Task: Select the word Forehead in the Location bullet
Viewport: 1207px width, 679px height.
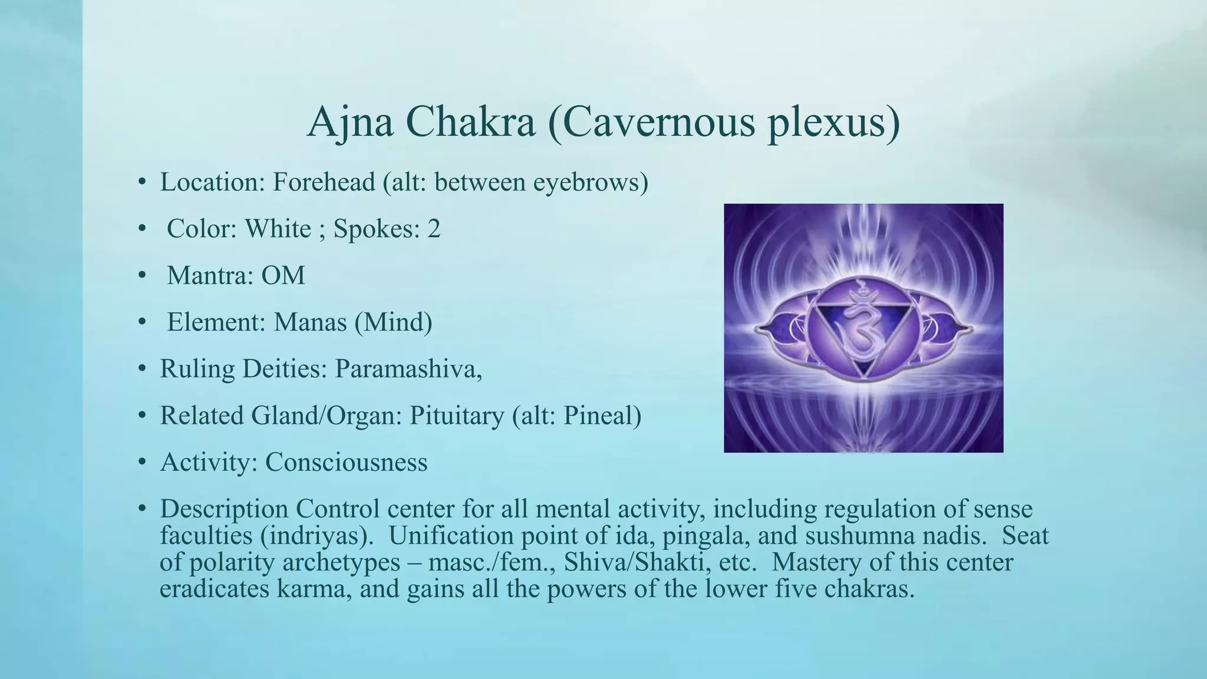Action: [324, 182]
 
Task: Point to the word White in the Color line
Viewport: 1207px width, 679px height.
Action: [278, 229]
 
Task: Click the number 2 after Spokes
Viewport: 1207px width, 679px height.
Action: [434, 229]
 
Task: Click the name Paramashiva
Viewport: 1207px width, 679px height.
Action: [408, 369]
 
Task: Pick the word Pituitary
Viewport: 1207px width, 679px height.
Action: [457, 416]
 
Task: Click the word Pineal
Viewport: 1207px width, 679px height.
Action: [601, 416]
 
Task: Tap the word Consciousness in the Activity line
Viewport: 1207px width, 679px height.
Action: [346, 462]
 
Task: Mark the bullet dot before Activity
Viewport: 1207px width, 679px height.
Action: [141, 462]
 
